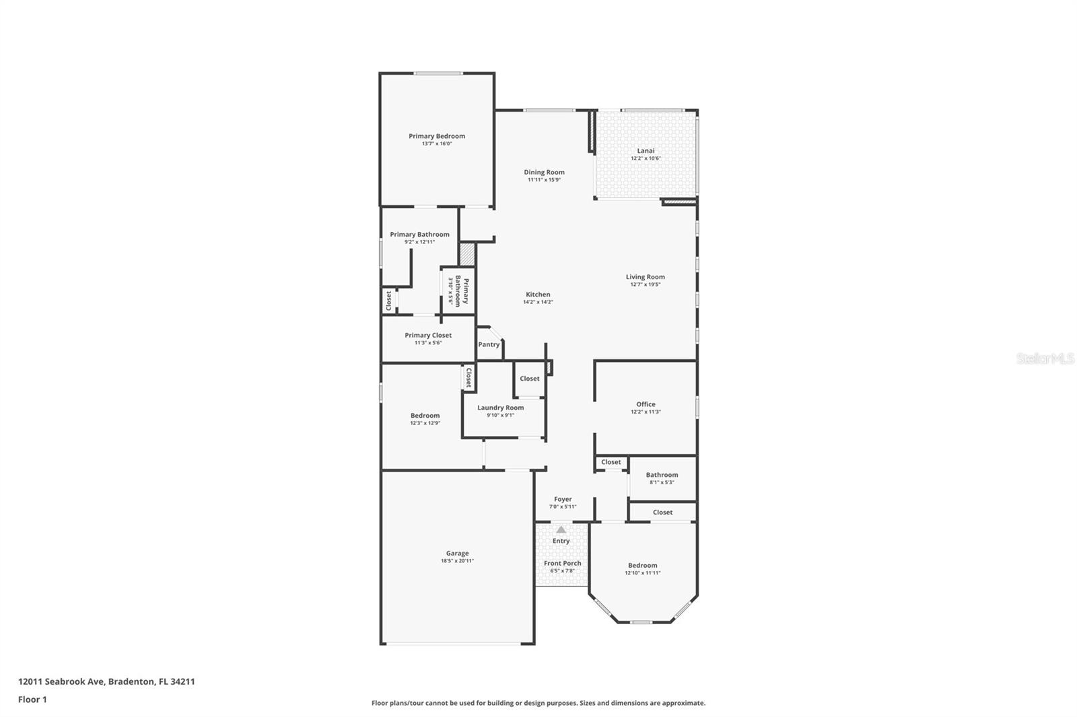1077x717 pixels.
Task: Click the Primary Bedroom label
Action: coord(436,137)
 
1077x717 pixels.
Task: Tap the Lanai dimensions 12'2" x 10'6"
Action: coord(646,159)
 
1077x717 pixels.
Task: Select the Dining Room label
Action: coord(544,172)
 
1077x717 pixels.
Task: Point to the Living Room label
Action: coord(645,276)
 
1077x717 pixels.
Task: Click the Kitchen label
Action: coord(538,295)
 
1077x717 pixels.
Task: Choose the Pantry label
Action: coord(489,344)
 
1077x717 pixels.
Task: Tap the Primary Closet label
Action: coord(428,335)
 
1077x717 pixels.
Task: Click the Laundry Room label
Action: coord(500,408)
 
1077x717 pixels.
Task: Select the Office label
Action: coord(646,404)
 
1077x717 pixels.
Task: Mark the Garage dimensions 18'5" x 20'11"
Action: coord(457,561)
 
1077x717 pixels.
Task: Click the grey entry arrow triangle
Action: coord(561,529)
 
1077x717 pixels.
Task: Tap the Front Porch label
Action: coord(562,564)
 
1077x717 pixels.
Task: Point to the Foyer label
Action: coord(563,499)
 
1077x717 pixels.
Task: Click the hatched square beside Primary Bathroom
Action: coord(467,254)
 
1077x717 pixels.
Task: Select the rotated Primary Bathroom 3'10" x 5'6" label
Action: coord(458,291)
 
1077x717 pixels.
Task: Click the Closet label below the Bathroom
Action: coord(662,512)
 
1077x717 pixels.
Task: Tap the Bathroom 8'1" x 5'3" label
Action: coord(662,478)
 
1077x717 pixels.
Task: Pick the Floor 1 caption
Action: coord(32,700)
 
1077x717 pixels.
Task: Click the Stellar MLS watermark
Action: coord(1045,358)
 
